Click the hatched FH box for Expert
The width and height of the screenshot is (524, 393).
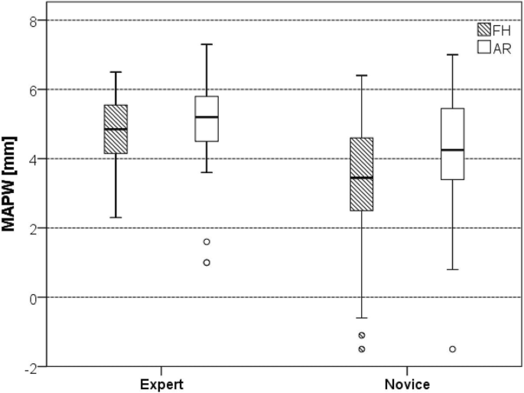pyautogui.click(x=116, y=129)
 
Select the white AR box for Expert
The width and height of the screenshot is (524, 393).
pyautogui.click(x=207, y=119)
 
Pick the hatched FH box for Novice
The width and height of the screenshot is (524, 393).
pyautogui.click(x=361, y=174)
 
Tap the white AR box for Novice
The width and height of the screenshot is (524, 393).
pyautogui.click(x=452, y=144)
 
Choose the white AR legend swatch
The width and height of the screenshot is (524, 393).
pyautogui.click(x=483, y=48)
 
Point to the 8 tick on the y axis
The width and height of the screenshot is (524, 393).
pyautogui.click(x=34, y=21)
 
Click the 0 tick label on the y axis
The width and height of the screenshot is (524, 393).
pyautogui.click(x=34, y=297)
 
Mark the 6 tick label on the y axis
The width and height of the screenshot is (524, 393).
pyautogui.click(x=34, y=90)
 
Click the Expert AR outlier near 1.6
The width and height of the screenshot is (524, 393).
pyautogui.click(x=207, y=242)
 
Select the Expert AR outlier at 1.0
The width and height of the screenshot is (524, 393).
pyautogui.click(x=207, y=263)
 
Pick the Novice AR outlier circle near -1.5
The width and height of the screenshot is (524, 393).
pyautogui.click(x=452, y=349)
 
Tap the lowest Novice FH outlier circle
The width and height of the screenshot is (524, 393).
pyautogui.click(x=361, y=349)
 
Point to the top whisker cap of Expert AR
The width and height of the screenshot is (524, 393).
pyautogui.click(x=207, y=44)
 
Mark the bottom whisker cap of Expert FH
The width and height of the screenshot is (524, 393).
pyautogui.click(x=116, y=218)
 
